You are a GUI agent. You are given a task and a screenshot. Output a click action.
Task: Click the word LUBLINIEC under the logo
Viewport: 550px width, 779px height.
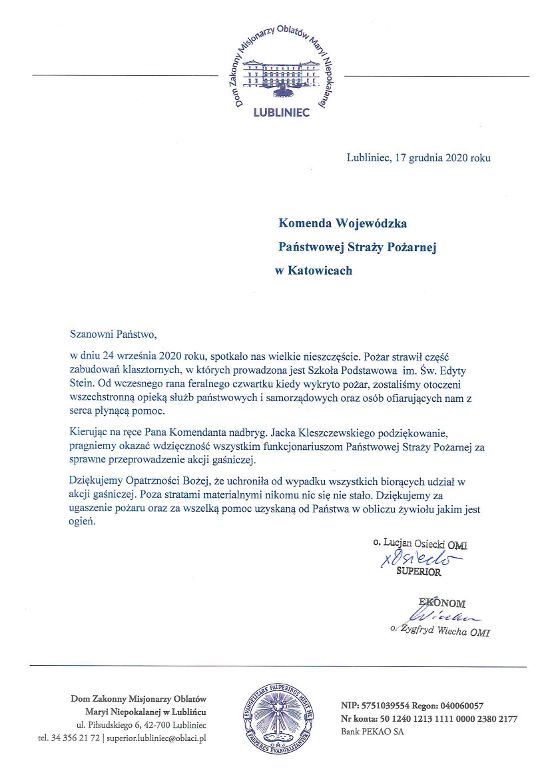click(282, 113)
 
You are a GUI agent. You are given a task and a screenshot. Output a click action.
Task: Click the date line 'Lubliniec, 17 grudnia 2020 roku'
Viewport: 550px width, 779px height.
click(418, 158)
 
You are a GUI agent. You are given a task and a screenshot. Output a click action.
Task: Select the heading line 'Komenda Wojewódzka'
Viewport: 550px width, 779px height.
click(342, 223)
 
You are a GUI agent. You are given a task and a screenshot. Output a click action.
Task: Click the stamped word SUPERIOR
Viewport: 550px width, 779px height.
click(419, 572)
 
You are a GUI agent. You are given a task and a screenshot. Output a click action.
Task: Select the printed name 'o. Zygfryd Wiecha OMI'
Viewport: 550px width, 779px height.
click(440, 632)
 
